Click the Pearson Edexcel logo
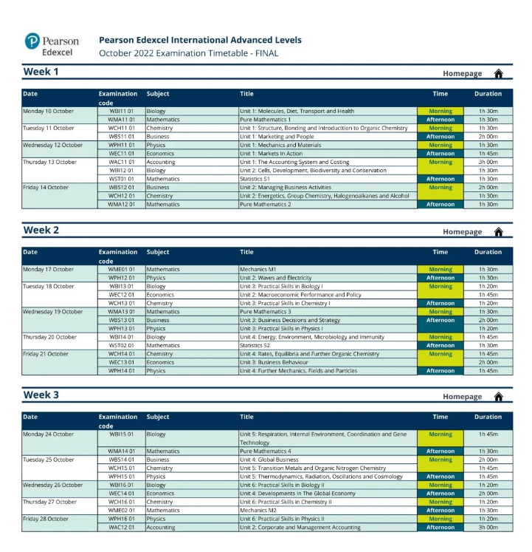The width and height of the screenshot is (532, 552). click(x=51, y=46)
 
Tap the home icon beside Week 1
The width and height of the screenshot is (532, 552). click(x=498, y=73)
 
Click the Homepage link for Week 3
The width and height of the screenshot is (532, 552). click(x=462, y=397)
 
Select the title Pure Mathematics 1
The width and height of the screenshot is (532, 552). click(x=265, y=119)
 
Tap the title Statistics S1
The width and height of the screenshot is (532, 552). click(x=255, y=179)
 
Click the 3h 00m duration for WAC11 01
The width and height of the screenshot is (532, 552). click(x=488, y=162)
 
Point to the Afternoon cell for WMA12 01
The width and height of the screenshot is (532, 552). click(x=441, y=205)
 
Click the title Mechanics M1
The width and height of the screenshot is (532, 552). click(x=258, y=270)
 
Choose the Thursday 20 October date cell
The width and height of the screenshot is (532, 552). click(x=49, y=337)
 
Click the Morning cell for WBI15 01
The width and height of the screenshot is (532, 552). click(x=441, y=435)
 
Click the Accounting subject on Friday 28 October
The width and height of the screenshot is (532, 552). click(x=161, y=528)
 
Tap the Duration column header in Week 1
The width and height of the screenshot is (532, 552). click(x=488, y=94)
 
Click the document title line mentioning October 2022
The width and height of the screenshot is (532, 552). click(x=189, y=53)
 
